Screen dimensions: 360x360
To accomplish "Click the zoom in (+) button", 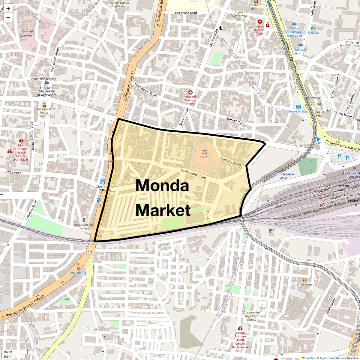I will [x=8, y=9].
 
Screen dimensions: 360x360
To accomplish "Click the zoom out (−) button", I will [x=8, y=17].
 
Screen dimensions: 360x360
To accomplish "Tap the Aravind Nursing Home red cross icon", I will [x=190, y=92].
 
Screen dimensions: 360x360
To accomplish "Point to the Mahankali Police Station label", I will [x=44, y=112].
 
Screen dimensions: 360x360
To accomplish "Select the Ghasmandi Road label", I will [x=193, y=174].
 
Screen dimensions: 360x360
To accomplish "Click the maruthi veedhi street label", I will [x=231, y=162].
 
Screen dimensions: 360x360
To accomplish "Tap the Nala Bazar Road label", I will [x=145, y=90].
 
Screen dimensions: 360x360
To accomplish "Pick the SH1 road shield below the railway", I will [x=90, y=252].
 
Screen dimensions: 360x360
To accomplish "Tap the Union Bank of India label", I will [x=319, y=112].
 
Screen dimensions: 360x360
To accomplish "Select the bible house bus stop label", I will [x=78, y=273].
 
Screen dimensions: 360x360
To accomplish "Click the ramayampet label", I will [x=304, y=284].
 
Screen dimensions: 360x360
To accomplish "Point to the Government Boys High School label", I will [x=252, y=316].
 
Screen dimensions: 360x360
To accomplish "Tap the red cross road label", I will [x=186, y=13].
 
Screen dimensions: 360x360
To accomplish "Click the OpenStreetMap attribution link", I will [x=330, y=358].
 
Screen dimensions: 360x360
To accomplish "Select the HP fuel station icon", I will [x=318, y=139].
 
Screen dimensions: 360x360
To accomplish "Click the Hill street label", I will [x=13, y=173].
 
